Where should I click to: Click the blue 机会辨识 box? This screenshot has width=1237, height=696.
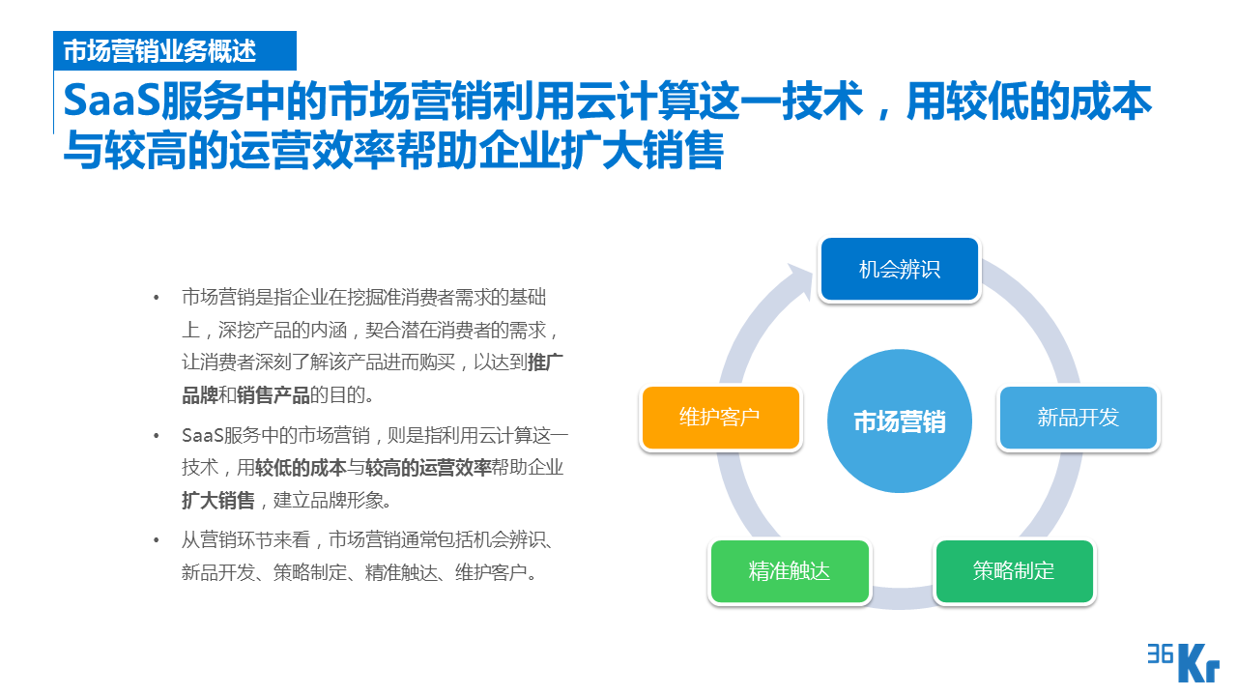click(900, 269)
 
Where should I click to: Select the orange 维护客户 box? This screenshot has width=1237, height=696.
click(721, 418)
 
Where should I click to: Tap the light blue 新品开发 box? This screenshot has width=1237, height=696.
click(1078, 418)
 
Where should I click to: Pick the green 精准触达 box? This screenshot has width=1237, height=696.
click(789, 570)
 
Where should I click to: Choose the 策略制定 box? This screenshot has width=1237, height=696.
click(1014, 570)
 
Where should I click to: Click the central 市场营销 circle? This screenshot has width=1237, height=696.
click(900, 421)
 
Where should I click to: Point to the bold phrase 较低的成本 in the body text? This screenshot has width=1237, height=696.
click(301, 468)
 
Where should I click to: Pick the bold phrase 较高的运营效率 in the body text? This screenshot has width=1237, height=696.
click(428, 468)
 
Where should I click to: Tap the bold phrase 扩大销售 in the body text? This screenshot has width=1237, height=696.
click(218, 501)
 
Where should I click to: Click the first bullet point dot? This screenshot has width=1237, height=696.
click(157, 298)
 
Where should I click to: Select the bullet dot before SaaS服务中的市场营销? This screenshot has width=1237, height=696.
click(157, 436)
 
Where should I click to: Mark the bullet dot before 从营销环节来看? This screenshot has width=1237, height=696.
click(157, 539)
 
